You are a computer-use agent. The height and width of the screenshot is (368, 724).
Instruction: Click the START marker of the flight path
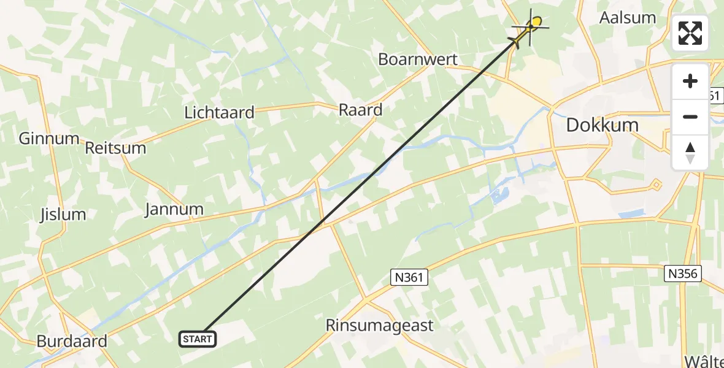click(x=198, y=339)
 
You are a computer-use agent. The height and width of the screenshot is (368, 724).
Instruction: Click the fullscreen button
click(x=690, y=33)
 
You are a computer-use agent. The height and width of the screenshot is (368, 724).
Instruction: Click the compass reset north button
click(x=690, y=153)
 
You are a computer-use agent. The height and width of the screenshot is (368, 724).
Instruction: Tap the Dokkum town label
click(x=602, y=125)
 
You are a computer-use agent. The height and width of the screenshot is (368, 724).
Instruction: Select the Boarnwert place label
click(x=418, y=59)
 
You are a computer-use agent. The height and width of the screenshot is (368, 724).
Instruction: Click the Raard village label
click(x=360, y=110)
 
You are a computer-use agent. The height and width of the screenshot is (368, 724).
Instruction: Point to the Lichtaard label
click(x=219, y=113)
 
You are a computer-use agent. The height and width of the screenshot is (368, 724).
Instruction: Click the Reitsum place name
click(x=116, y=148)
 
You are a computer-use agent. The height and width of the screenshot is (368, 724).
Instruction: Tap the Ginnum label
click(x=49, y=138)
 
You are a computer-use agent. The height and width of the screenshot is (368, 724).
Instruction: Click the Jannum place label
click(x=174, y=209)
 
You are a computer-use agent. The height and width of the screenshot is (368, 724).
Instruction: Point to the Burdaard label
click(x=72, y=341)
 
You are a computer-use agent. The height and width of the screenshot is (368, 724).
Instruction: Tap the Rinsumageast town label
click(x=380, y=326)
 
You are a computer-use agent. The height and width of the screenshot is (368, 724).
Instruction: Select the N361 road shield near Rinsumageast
click(x=408, y=278)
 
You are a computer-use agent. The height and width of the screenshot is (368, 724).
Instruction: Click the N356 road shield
click(x=683, y=273)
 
